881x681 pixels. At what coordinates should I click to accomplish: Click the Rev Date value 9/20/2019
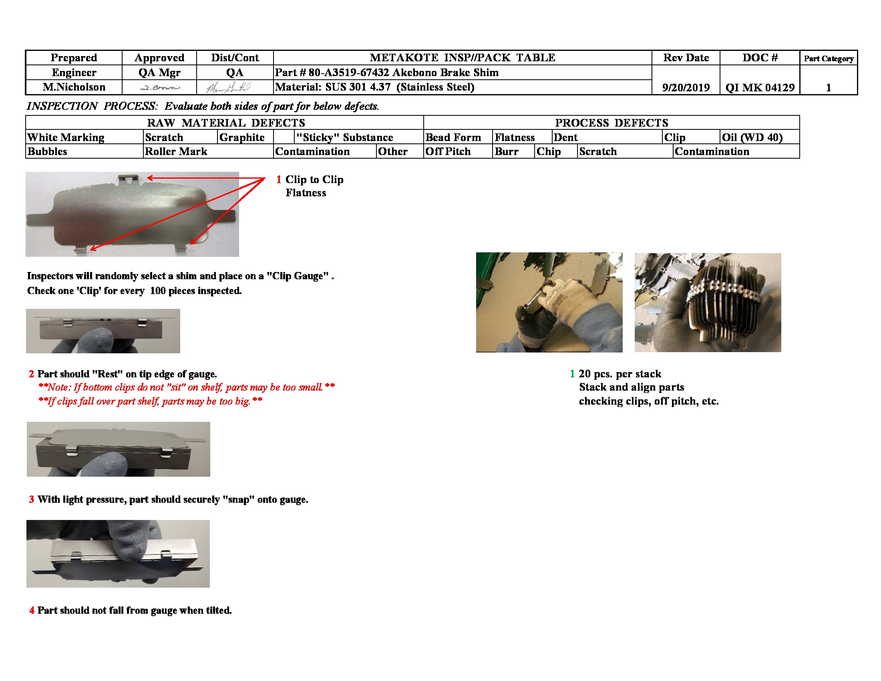(686, 88)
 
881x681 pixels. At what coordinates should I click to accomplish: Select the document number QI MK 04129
(760, 88)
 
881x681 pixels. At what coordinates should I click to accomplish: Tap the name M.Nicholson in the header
(74, 87)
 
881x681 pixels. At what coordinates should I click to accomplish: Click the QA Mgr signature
(160, 87)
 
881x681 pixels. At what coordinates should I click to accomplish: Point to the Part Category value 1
(829, 88)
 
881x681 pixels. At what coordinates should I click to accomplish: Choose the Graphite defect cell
(242, 137)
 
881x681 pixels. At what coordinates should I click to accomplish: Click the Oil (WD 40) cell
(752, 137)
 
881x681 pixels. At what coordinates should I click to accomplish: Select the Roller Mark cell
(176, 152)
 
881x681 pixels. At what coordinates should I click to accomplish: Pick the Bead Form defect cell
(453, 137)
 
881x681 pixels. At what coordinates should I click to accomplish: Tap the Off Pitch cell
(448, 152)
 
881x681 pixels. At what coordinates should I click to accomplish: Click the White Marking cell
(66, 137)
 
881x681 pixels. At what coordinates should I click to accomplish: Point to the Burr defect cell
(507, 152)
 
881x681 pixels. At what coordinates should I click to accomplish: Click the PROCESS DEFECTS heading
(611, 123)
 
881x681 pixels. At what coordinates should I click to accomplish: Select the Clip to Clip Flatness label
(314, 186)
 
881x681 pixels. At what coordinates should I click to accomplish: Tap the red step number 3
(32, 500)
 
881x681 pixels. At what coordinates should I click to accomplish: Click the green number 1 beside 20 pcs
(572, 374)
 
